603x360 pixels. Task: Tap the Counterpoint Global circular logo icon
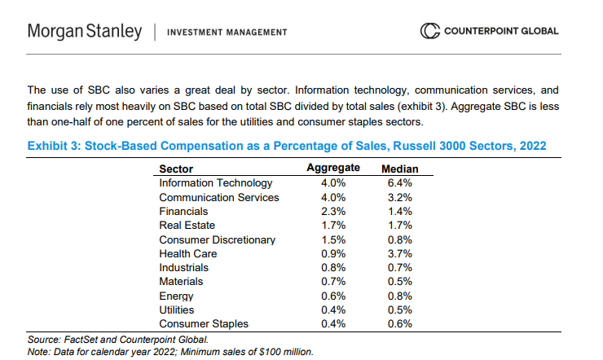pos(429,32)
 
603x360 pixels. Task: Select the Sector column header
pos(176,169)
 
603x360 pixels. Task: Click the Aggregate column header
pos(332,169)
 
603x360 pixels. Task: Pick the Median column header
pos(400,169)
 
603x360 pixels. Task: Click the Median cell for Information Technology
pos(400,183)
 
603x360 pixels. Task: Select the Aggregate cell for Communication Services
pos(333,197)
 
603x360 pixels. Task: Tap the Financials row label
pos(183,211)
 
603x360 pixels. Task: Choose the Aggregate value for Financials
pos(333,211)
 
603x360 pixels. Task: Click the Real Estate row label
pos(187,225)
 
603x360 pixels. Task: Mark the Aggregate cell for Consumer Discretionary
pos(333,239)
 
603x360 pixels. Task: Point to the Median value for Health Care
pos(400,253)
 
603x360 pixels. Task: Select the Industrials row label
pos(183,267)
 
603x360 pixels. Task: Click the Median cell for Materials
pos(400,282)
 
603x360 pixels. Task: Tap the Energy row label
pos(176,296)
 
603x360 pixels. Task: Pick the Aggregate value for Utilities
pos(333,310)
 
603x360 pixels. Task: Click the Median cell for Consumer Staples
pos(400,323)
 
